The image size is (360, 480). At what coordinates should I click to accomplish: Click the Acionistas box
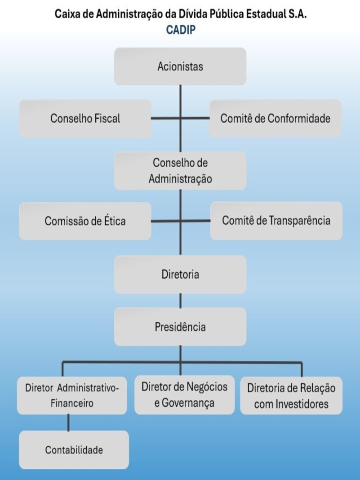pyautogui.click(x=180, y=67)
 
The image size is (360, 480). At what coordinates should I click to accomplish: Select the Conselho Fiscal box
pyautogui.click(x=85, y=119)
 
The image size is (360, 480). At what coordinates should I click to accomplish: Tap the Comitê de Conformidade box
pyautogui.click(x=275, y=119)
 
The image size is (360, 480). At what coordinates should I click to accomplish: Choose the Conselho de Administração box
pyautogui.click(x=180, y=170)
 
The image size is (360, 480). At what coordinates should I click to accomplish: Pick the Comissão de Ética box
pyautogui.click(x=85, y=221)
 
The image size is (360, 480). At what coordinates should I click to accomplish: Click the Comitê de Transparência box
pyautogui.click(x=276, y=220)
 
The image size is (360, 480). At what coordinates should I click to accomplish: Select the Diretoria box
pyautogui.click(x=180, y=274)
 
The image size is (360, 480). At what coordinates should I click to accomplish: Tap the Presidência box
pyautogui.click(x=180, y=327)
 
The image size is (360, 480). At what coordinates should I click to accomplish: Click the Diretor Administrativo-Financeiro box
pyautogui.click(x=72, y=396)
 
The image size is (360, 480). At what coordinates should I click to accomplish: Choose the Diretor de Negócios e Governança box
pyautogui.click(x=185, y=395)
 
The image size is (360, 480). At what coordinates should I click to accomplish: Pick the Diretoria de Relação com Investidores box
pyautogui.click(x=291, y=396)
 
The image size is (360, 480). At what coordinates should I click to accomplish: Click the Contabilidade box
pyautogui.click(x=74, y=450)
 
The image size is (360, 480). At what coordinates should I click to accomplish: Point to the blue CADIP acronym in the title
pyautogui.click(x=181, y=30)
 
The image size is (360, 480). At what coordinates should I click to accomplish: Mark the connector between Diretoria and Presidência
pyautogui.click(x=180, y=301)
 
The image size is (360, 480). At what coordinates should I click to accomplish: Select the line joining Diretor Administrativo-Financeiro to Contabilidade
pyautogui.click(x=68, y=422)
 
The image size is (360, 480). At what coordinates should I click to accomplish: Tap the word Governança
pyautogui.click(x=188, y=403)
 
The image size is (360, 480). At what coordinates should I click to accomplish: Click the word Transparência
pyautogui.click(x=299, y=221)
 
